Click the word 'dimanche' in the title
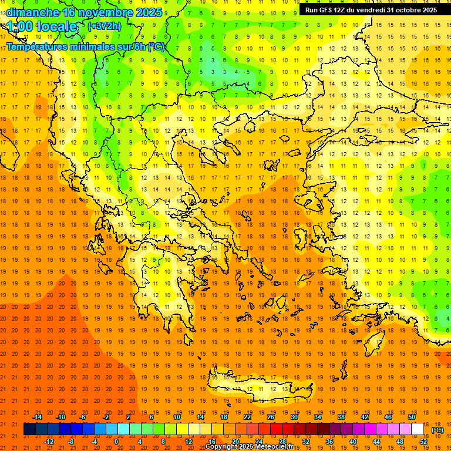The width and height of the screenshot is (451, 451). (32, 12)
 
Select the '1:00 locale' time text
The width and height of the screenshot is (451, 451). (42, 26)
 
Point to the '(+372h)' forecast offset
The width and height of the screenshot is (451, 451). (104, 26)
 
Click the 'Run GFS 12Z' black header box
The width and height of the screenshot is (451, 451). (371, 10)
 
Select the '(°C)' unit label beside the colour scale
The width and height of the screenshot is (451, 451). (437, 430)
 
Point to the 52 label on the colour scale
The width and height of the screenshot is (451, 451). (423, 442)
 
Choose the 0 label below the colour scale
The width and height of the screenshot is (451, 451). (116, 442)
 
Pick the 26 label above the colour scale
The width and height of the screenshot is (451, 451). (271, 417)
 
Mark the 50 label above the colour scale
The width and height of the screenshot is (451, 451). (412, 417)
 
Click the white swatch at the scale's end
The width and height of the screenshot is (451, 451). (418, 429)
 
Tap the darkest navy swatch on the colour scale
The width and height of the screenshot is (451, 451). (29, 429)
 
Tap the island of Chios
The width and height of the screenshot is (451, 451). (301, 238)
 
